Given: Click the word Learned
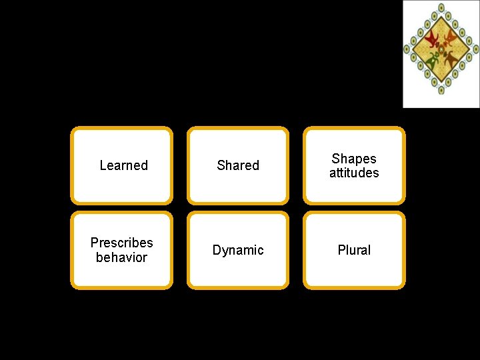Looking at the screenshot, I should coord(123,165).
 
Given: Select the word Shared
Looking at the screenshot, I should coord(238,165).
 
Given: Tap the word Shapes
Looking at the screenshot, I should coord(354,159).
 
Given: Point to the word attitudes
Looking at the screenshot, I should coord(354,173).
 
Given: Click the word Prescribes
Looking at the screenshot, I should coord(121,243).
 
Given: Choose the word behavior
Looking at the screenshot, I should coord(121,257).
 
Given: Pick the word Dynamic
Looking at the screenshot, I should coord(238,250).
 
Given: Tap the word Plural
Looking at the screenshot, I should coord(354,250).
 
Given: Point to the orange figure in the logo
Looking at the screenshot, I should coord(451,39).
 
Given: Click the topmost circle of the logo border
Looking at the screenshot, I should coord(441,7).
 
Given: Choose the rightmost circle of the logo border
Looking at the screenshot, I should coord(475,49).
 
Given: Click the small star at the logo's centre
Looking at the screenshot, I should coord(441,49).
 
